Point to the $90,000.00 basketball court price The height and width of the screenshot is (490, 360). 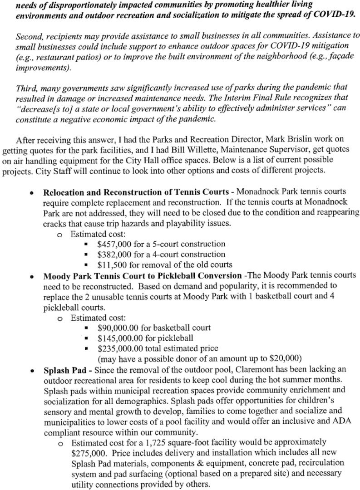click(118, 328)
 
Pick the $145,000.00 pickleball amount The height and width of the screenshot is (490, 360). click(119, 338)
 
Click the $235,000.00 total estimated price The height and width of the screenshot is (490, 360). click(119, 348)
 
